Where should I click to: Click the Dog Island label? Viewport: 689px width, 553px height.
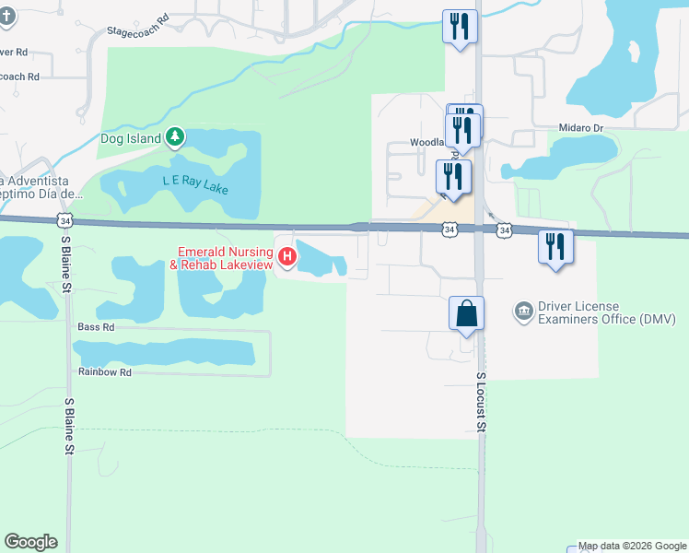pos(130,139)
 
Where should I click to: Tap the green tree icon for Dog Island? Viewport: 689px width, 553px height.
pos(175,139)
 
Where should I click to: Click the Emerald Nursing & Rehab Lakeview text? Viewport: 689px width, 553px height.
pos(225,257)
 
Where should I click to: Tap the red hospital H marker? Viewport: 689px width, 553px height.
pos(286,256)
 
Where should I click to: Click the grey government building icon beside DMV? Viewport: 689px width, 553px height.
pos(523,310)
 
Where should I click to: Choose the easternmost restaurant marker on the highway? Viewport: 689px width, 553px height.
pos(555,247)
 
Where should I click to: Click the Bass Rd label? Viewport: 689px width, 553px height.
pos(96,327)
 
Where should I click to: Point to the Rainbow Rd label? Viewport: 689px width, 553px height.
pos(105,372)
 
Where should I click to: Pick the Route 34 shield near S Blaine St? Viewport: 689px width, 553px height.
pos(64,220)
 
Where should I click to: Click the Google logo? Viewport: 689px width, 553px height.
pos(30,542)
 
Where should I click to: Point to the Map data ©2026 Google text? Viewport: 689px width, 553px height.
pos(631,547)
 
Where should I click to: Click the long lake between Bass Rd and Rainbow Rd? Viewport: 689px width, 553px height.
pos(163,351)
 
